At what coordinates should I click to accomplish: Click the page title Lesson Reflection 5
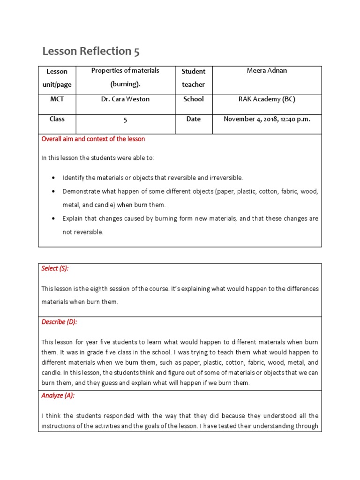[91, 51]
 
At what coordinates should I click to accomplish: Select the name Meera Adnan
[267, 71]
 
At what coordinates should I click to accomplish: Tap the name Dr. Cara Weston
[125, 99]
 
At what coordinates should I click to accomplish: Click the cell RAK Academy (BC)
[267, 99]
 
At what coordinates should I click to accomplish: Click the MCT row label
[57, 99]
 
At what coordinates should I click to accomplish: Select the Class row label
[57, 119]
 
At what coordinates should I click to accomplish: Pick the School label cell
[194, 99]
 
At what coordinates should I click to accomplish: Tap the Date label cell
[194, 119]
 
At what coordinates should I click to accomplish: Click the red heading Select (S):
[55, 269]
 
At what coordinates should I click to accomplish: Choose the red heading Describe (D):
[59, 322]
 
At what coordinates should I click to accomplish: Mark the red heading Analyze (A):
[58, 396]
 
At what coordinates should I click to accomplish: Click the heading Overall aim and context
[93, 139]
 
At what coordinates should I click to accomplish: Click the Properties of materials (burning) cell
[125, 78]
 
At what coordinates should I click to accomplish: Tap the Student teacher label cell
[194, 78]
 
